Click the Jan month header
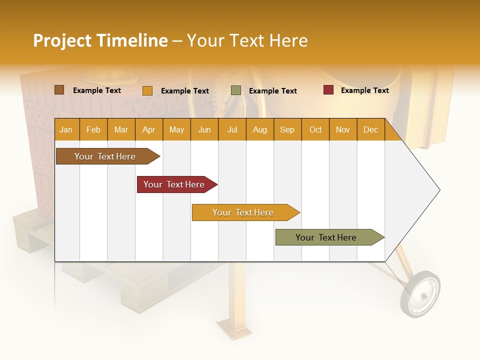66,129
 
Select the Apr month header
148,129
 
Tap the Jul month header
232,129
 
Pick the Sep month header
287,129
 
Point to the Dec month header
370,129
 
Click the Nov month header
342,129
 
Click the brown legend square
59,90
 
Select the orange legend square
147,90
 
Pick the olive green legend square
236,90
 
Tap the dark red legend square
328,90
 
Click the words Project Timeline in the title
100,40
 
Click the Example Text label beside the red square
364,90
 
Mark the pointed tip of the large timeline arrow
439,190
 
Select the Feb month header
93,129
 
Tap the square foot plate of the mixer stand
232,330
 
